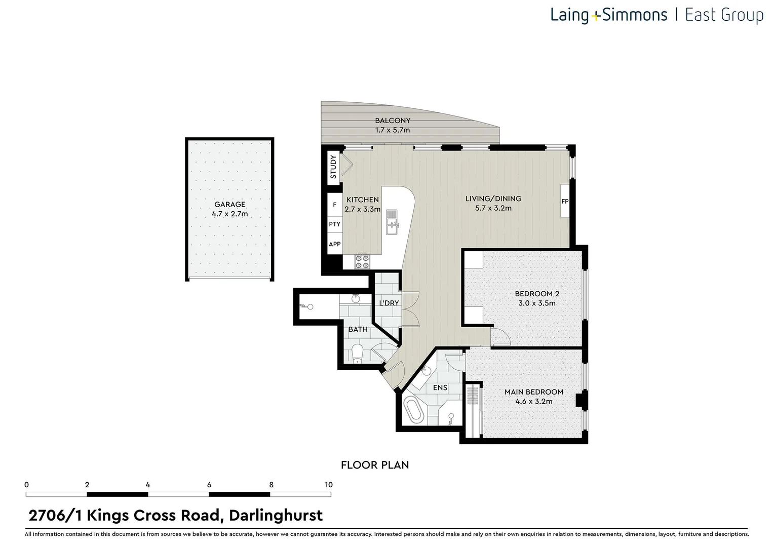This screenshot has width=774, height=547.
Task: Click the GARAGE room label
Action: (229, 205)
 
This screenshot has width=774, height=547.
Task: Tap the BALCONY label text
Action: (393, 121)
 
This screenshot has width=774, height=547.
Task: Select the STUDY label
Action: (333, 167)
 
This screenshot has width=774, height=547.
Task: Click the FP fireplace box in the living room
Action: (565, 201)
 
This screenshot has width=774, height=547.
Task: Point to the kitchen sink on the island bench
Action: (392, 222)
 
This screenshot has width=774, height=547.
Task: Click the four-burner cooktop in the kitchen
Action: (362, 261)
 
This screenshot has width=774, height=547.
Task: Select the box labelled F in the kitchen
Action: (334, 205)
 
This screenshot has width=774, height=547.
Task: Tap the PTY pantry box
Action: (334, 224)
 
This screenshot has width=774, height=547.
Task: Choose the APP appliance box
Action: (334, 244)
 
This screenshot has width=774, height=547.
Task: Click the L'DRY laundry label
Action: (389, 303)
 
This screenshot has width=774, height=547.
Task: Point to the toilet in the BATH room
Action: (358, 353)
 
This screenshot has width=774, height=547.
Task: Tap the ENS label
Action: (440, 387)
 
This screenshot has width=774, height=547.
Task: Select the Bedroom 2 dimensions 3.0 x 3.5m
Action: (536, 303)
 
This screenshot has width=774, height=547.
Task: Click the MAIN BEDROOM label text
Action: (533, 392)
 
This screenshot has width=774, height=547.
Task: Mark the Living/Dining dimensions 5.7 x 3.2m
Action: (493, 208)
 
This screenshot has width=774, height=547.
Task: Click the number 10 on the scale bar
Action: (328, 485)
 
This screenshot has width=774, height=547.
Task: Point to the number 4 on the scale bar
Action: (148, 485)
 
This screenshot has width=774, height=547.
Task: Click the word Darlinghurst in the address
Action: (276, 516)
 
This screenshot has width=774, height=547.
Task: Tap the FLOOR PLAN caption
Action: (374, 465)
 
